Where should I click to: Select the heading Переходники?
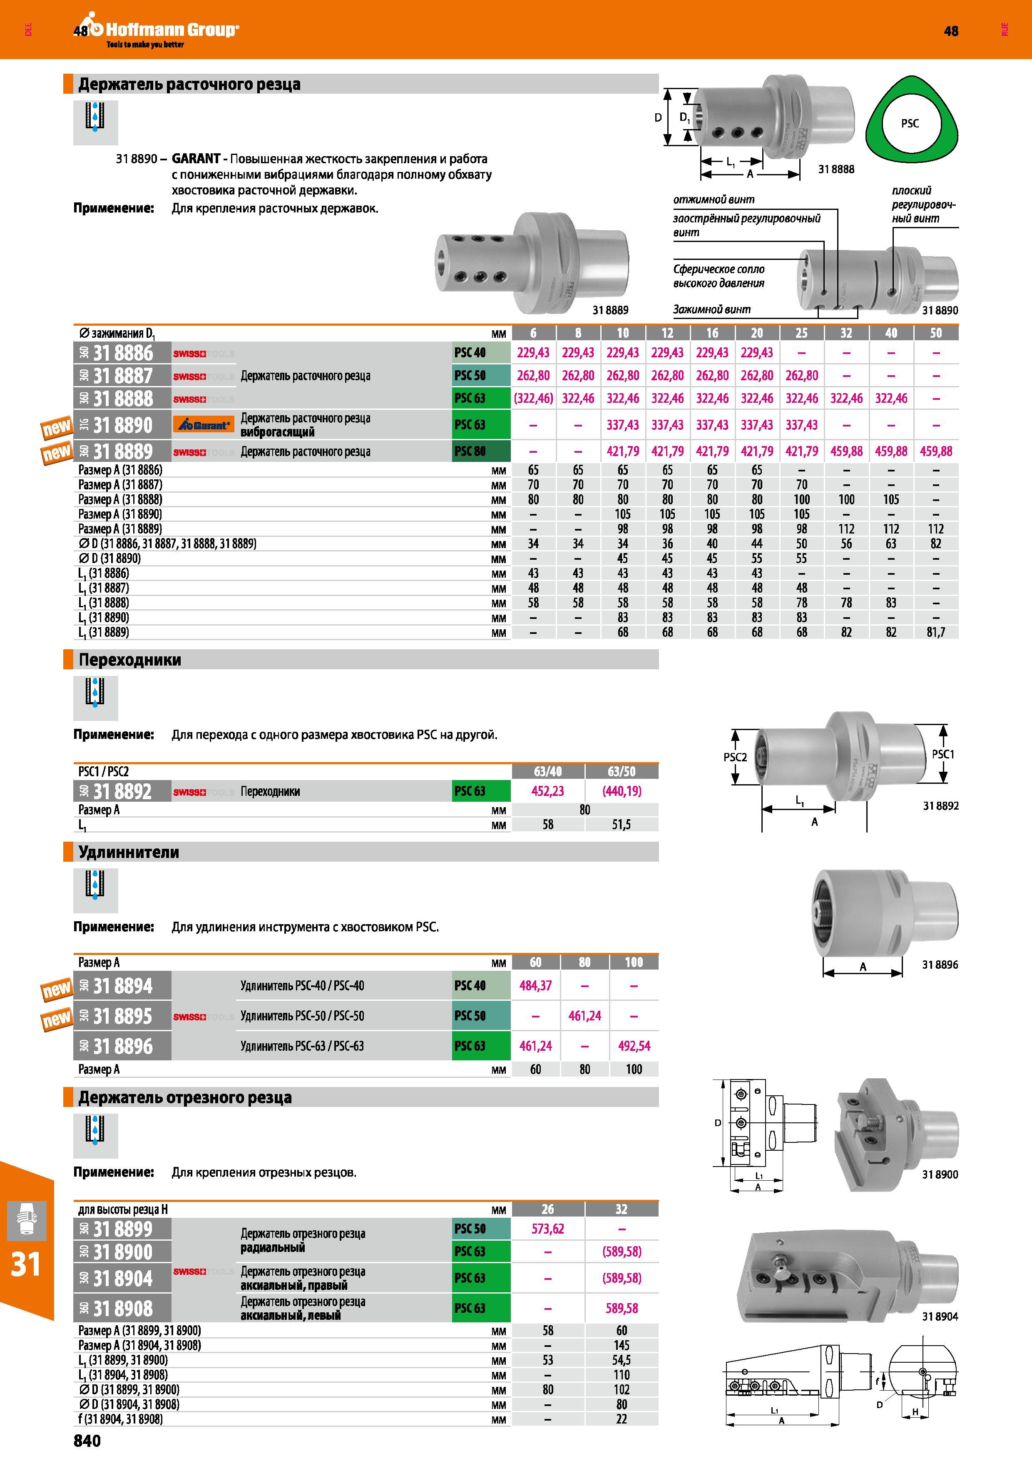pos(130,660)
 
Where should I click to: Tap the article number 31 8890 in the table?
pos(123,425)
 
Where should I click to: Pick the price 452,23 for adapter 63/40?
pos(547,791)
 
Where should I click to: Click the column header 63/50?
pos(621,771)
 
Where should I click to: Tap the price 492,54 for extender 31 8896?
pos(634,1045)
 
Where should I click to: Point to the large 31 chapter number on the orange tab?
pos(26,1264)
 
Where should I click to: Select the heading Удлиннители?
pos(129,852)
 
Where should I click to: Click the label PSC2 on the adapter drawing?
pos(735,757)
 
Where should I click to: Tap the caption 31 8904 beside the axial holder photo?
pos(940,1316)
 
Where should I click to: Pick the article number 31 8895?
pos(123,1016)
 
